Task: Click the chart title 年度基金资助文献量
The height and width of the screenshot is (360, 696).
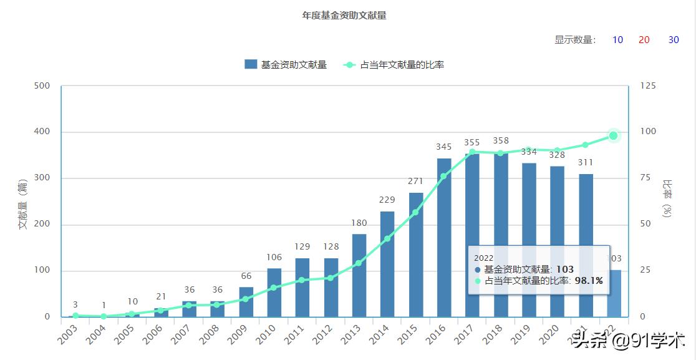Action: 344,16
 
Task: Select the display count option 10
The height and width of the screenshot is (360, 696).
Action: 617,40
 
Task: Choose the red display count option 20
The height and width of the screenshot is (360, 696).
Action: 644,40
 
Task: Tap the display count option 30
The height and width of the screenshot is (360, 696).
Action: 674,40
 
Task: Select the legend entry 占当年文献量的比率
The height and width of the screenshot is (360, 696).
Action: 394,64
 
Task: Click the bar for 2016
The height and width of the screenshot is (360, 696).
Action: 444,238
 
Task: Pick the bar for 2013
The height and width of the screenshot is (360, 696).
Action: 359,275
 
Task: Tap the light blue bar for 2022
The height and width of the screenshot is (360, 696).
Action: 614,293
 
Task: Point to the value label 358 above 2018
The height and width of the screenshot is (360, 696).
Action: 501,141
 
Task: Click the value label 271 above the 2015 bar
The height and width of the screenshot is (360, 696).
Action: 415,182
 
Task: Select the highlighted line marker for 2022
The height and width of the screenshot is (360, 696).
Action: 614,136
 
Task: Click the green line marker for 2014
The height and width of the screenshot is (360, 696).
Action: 387,238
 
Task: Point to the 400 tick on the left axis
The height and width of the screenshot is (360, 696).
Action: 42,132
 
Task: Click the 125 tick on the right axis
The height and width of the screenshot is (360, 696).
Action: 649,85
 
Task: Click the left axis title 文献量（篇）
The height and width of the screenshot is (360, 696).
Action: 23,203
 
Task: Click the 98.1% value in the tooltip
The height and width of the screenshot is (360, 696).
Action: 589,281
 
